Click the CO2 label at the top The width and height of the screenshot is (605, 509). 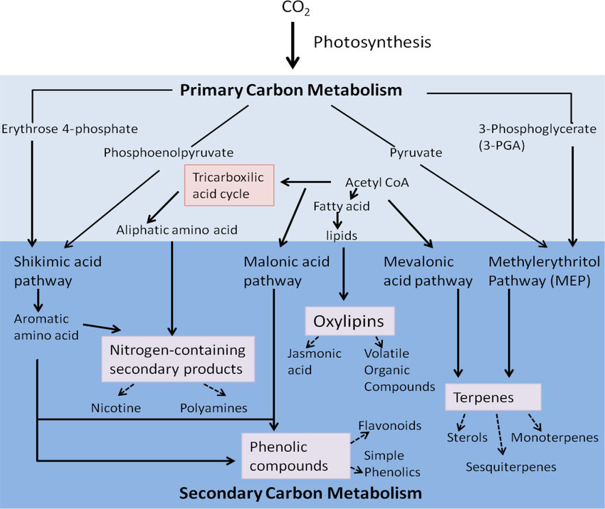295,8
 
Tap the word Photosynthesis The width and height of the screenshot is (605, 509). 372,43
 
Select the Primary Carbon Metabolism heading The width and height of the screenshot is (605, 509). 291,90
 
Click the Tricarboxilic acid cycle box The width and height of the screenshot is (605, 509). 229,185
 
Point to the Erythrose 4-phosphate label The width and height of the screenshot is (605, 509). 70,129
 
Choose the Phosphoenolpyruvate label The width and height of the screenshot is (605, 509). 169,153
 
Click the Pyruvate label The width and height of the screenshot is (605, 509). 416,153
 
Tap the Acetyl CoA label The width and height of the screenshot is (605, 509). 377,182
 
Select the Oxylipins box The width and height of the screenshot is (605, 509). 349,321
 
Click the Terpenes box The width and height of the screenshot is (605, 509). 493,397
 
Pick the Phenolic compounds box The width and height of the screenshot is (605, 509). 296,456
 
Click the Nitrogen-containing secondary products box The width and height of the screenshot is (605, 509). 178,360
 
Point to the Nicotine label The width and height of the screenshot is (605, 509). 116,408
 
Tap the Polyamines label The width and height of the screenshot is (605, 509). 214,408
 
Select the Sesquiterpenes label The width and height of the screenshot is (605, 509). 511,467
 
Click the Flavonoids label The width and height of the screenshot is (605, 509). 390,426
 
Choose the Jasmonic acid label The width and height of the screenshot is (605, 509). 315,362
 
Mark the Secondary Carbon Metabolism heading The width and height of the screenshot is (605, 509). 300,493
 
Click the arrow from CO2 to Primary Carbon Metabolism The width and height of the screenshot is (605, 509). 293,45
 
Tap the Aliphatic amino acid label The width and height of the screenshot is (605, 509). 177,230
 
